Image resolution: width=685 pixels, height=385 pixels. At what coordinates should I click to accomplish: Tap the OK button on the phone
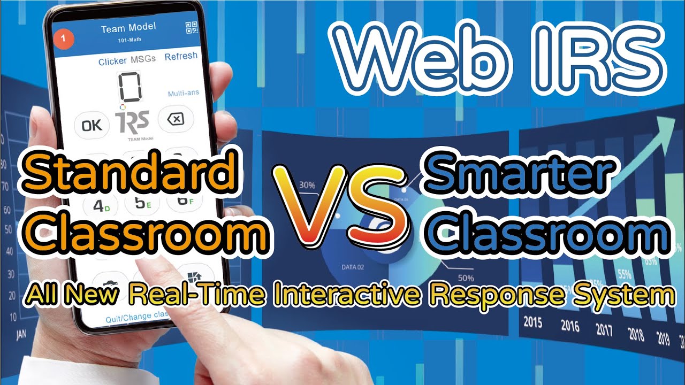(x=92, y=125)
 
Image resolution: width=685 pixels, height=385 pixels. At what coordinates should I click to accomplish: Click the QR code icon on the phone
(x=191, y=28)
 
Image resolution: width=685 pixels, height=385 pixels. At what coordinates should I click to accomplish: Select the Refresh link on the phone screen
(x=181, y=56)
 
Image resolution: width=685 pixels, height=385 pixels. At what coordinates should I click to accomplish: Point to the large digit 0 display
(x=130, y=88)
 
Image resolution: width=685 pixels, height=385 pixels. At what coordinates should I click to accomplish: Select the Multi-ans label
(x=184, y=93)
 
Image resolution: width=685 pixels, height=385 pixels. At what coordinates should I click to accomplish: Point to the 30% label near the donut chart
(x=307, y=185)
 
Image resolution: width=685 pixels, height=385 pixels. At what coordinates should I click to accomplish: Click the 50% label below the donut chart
(x=466, y=278)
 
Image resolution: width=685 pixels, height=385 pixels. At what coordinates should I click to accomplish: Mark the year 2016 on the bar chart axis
(x=571, y=325)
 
